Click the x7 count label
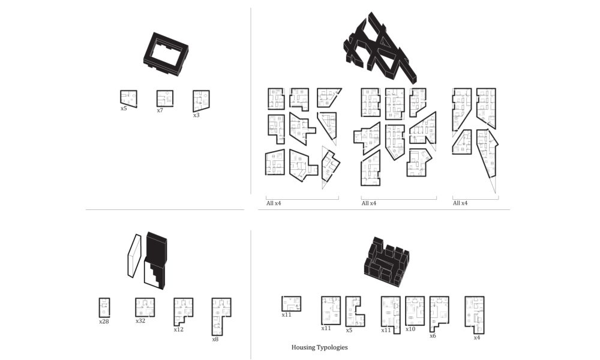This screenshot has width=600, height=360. pyautogui.click(x=160, y=110)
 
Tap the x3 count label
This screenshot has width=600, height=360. pyautogui.click(x=196, y=115)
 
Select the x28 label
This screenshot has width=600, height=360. pyautogui.click(x=104, y=322)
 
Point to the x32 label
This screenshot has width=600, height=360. pyautogui.click(x=140, y=321)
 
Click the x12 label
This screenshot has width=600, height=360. pyautogui.click(x=179, y=329)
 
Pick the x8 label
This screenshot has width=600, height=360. pyautogui.click(x=215, y=340)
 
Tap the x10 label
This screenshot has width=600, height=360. pyautogui.click(x=410, y=329)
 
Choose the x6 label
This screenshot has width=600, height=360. pyautogui.click(x=433, y=336)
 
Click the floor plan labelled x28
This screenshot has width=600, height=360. pyautogui.click(x=104, y=308)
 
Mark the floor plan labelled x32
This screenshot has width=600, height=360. pyautogui.click(x=145, y=308)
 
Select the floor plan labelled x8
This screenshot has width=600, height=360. pyautogui.click(x=221, y=317)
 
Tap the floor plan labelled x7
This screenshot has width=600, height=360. pyautogui.click(x=165, y=98)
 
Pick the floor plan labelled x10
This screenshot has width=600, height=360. pyautogui.click(x=415, y=311)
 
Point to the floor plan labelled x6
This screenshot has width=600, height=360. pyautogui.click(x=439, y=314)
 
